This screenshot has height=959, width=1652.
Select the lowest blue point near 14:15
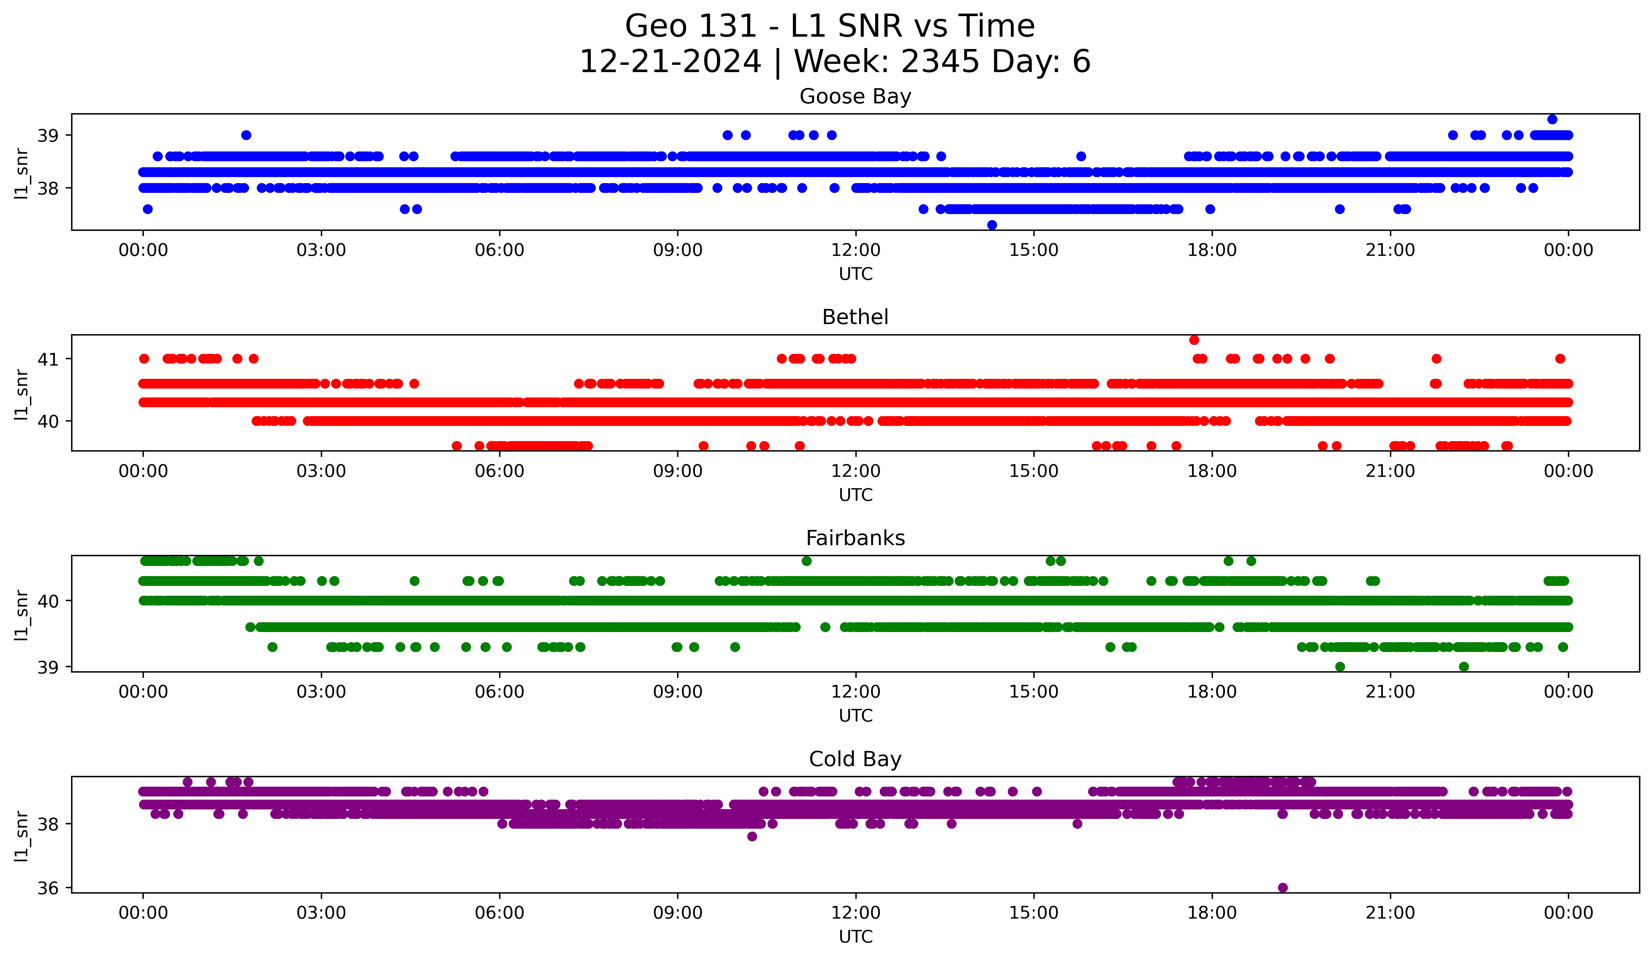tap(992, 225)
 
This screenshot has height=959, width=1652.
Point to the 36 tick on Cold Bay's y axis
tap(48, 888)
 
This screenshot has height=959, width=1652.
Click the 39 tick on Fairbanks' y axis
tap(48, 667)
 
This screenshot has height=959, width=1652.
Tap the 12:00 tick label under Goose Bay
tap(855, 250)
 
